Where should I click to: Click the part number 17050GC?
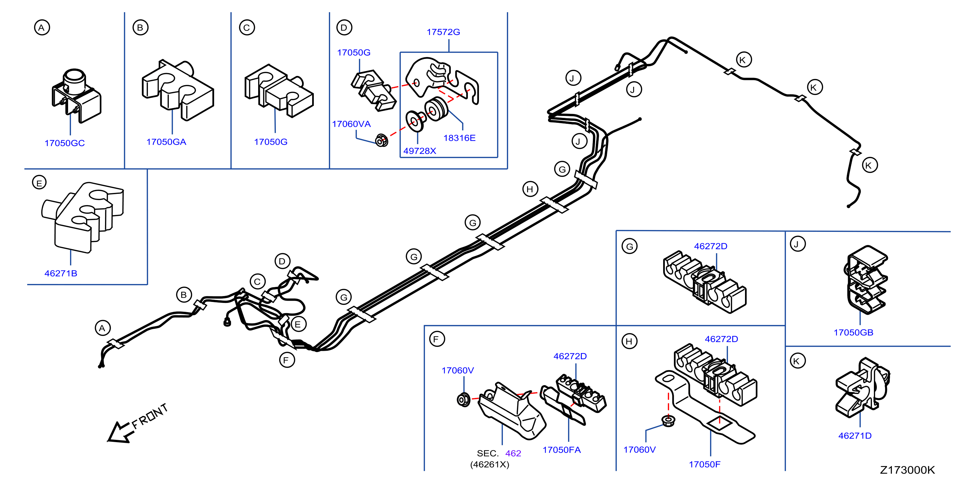click(x=64, y=143)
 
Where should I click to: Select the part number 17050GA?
click(x=166, y=142)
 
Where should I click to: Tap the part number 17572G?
click(x=443, y=32)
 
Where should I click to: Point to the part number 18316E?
click(x=459, y=138)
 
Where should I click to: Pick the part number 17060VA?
click(x=351, y=124)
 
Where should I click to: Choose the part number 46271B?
click(x=61, y=273)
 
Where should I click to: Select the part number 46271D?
click(x=855, y=436)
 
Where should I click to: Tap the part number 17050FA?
click(x=561, y=450)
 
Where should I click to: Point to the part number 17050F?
click(x=704, y=464)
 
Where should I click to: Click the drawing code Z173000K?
click(x=907, y=470)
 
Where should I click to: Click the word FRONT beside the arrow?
click(x=150, y=416)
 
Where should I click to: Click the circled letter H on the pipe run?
click(x=530, y=189)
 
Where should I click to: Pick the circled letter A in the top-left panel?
click(x=42, y=27)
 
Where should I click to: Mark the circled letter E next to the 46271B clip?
click(x=39, y=183)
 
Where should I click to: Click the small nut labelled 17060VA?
click(x=381, y=140)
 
